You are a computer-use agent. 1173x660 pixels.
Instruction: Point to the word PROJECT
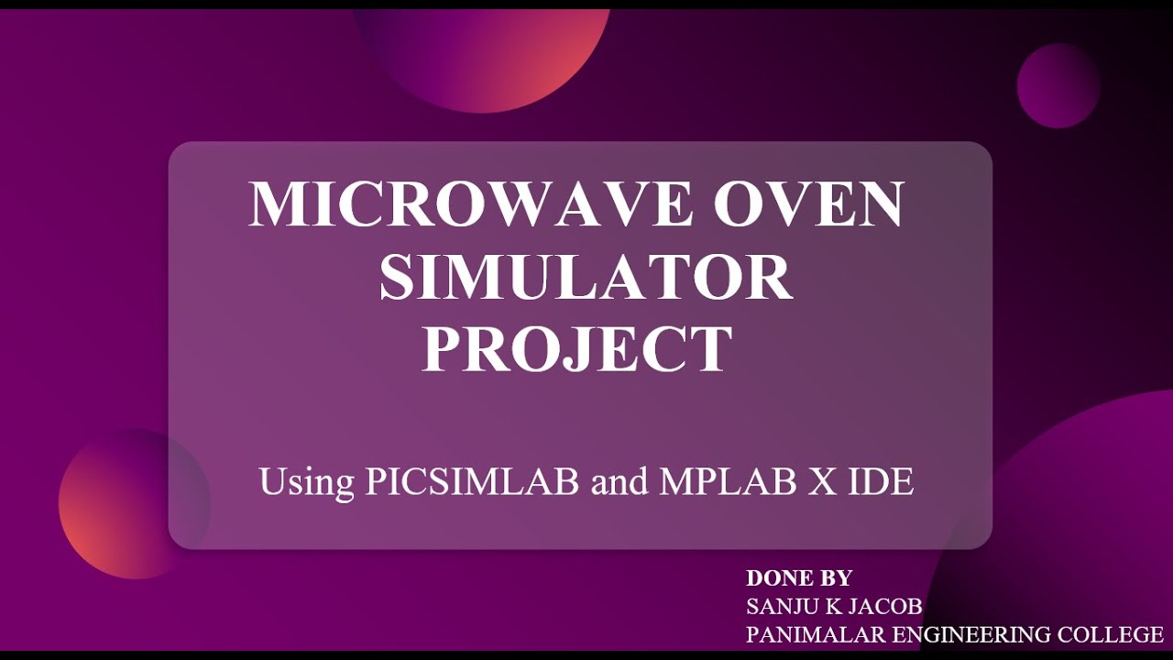pyautogui.click(x=577, y=349)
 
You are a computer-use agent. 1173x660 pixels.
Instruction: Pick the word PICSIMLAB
pyautogui.click(x=472, y=482)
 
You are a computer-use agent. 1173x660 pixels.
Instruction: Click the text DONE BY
pyautogui.click(x=799, y=578)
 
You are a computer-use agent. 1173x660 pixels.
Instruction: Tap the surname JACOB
pyautogui.click(x=885, y=606)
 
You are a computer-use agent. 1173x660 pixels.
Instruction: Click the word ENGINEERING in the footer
pyautogui.click(x=975, y=634)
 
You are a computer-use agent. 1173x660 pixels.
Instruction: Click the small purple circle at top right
pyautogui.click(x=1058, y=85)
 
